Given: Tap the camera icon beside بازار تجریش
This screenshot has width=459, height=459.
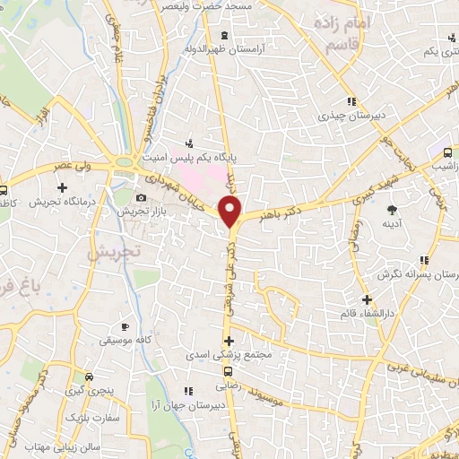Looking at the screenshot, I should [x=140, y=198].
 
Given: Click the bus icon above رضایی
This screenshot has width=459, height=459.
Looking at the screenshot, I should [x=228, y=372].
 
